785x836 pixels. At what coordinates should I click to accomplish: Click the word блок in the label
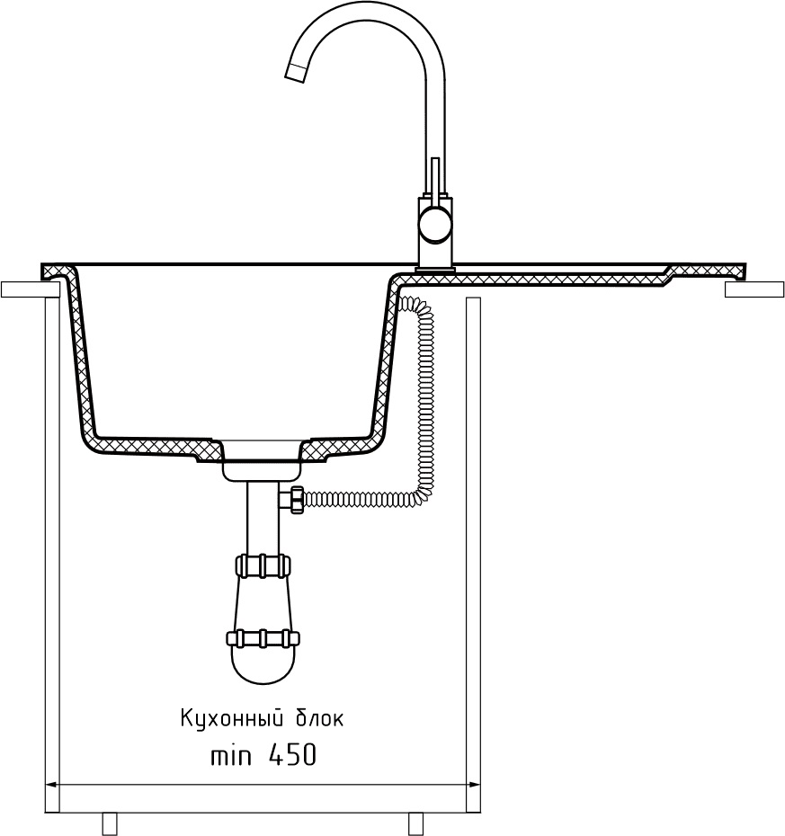tap(319, 719)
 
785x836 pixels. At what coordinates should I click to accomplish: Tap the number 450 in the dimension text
tap(291, 757)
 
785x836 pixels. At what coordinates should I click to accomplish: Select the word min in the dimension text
tap(230, 757)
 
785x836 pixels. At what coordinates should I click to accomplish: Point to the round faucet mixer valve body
tap(435, 224)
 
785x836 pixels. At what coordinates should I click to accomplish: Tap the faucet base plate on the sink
tap(435, 269)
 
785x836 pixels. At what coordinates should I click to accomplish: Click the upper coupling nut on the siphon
tap(263, 565)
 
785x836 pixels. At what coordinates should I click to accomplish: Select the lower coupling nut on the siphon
tap(263, 638)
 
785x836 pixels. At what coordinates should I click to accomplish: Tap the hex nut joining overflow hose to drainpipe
tap(295, 500)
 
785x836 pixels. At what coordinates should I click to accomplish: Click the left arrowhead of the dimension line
tap(52, 785)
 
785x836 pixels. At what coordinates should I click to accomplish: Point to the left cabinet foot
tap(110, 823)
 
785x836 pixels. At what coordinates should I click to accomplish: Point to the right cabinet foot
tap(415, 823)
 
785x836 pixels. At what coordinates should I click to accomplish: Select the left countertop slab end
tap(27, 289)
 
